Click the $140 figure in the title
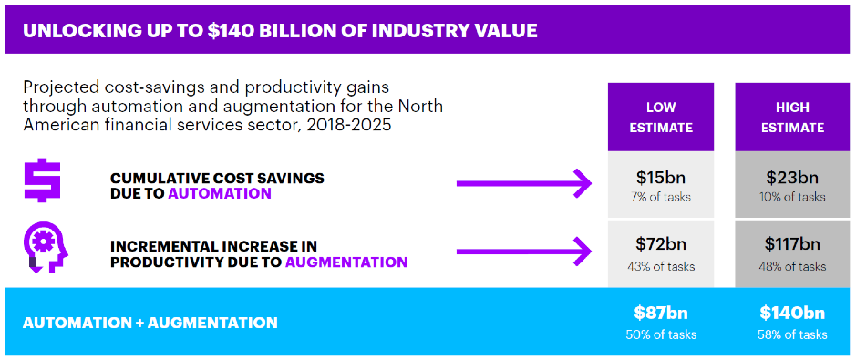pos(231,31)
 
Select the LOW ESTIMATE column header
pos(661,118)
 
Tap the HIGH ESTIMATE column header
pos(792,118)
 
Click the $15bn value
pos(661,178)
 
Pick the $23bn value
pos(792,178)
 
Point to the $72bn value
pos(661,244)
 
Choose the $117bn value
pos(792,244)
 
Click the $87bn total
pos(661,314)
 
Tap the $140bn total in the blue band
pos(792,314)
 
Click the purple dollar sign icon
pos(42,180)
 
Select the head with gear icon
pos(46,250)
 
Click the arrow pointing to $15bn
pos(524,183)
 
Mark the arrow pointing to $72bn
pos(524,252)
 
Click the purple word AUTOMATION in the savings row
pos(220,193)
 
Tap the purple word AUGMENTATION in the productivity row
pos(346,262)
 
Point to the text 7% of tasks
pos(661,197)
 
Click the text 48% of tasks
pos(792,267)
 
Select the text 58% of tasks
pos(792,334)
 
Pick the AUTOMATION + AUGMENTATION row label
pos(150,323)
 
